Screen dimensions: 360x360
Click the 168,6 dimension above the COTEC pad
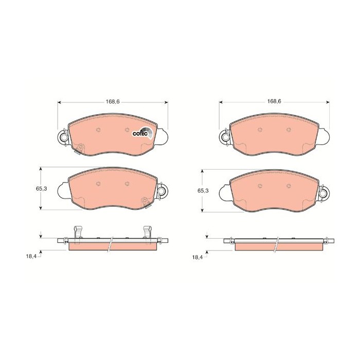click(113, 101)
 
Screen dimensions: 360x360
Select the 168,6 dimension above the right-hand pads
click(274, 101)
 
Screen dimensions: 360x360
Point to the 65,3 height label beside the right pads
click(204, 191)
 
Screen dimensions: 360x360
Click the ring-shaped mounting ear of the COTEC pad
click(63, 137)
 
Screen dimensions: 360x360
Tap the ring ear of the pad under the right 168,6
click(225, 137)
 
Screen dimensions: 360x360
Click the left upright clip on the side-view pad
click(78, 232)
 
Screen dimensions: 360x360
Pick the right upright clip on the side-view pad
click(146, 232)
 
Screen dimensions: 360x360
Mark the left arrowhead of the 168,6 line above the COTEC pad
click(59, 103)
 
